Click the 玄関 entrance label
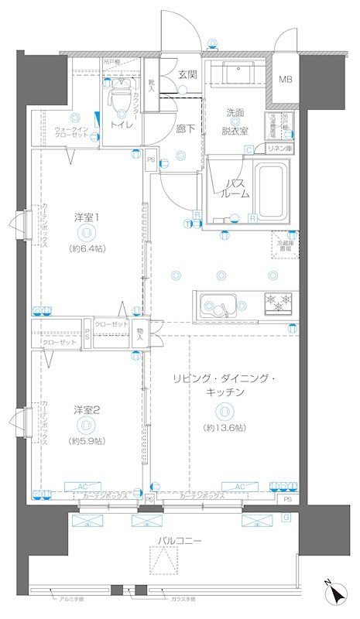pyautogui.click(x=187, y=74)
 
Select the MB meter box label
pyautogui.click(x=286, y=79)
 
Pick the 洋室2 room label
pyautogui.click(x=86, y=408)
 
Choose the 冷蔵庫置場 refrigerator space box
pyautogui.click(x=285, y=246)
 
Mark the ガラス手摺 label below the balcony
pyautogui.click(x=183, y=600)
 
